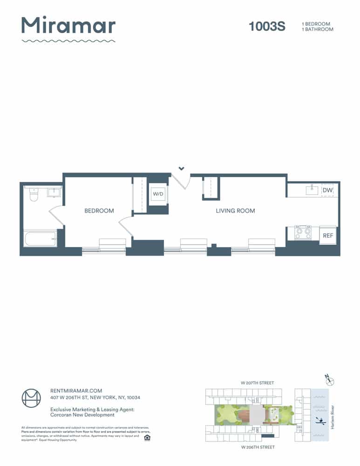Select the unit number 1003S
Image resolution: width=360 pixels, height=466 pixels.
(267, 27)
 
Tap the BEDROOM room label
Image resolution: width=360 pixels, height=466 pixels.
(99, 211)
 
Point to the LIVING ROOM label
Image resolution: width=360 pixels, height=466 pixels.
(235, 211)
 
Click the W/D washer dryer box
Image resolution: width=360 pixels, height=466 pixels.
(158, 194)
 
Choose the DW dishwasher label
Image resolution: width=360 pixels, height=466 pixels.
(327, 190)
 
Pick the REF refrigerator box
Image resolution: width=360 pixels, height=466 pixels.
(328, 235)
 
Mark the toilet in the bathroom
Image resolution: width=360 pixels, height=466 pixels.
(33, 194)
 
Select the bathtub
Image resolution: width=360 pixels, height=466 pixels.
(41, 239)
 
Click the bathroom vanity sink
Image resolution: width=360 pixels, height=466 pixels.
(54, 192)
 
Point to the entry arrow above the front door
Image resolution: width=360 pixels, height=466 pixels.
(182, 168)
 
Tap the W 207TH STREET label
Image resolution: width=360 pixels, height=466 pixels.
(257, 383)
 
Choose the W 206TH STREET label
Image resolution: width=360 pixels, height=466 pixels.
(258, 447)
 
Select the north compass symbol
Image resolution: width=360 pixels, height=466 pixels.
(330, 381)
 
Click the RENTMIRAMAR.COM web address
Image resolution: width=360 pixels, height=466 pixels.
(76, 391)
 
